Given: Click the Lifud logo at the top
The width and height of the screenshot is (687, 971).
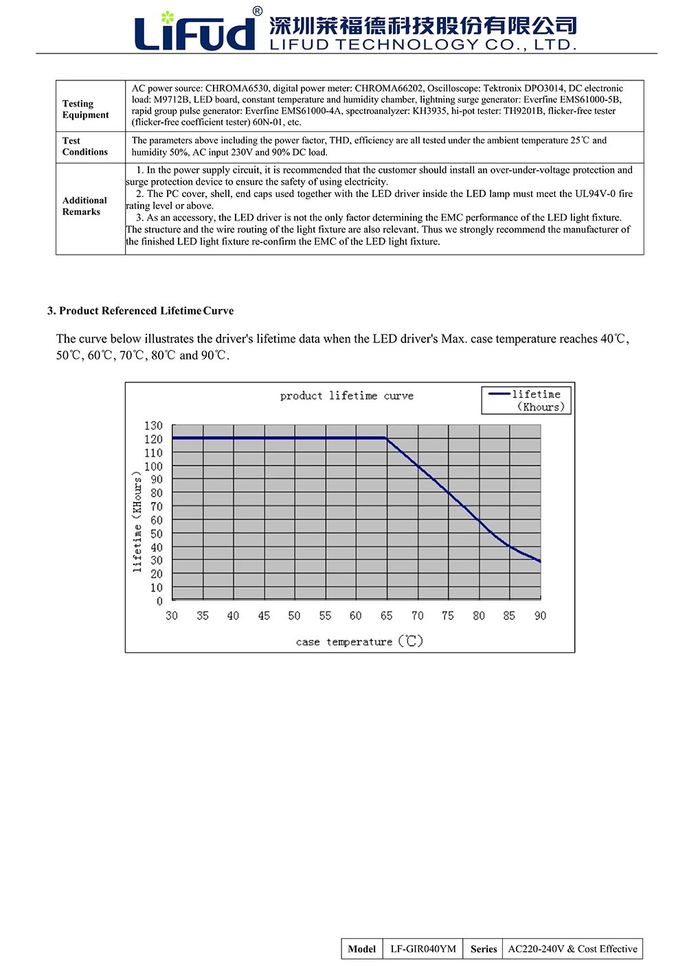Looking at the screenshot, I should [x=196, y=30].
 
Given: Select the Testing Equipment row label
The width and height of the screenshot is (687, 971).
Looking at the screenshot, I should [x=85, y=109].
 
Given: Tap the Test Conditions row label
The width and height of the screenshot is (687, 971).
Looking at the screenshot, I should [x=85, y=146].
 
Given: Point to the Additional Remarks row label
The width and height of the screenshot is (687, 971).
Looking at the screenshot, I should [x=85, y=206].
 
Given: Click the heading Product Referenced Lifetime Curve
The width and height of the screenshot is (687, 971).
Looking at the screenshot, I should [x=140, y=311].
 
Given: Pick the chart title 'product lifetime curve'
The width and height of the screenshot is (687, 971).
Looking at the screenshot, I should [x=347, y=396].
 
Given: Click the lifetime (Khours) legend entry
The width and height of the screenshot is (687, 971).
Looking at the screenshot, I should [x=527, y=400].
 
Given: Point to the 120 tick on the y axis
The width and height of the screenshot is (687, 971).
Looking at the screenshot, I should [x=153, y=439].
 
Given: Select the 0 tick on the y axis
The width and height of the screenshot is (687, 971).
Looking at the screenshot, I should [x=159, y=602].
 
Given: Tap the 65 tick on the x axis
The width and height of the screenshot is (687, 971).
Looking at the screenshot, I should [x=387, y=616].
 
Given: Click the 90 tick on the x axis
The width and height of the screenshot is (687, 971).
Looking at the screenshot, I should [x=541, y=616].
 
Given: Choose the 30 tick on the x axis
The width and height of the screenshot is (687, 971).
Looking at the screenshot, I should [x=172, y=616].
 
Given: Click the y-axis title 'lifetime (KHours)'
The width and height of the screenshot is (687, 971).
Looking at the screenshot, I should [x=137, y=522].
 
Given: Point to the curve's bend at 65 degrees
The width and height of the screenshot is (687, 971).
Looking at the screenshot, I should [x=386, y=438].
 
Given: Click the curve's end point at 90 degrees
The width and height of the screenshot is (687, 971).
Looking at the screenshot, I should [x=541, y=562].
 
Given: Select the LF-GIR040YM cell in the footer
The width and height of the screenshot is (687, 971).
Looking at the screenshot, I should [x=423, y=949].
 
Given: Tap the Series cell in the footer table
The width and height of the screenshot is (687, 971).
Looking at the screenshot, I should [x=483, y=949].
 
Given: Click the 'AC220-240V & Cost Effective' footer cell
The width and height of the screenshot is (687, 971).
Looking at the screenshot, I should [x=572, y=949].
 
